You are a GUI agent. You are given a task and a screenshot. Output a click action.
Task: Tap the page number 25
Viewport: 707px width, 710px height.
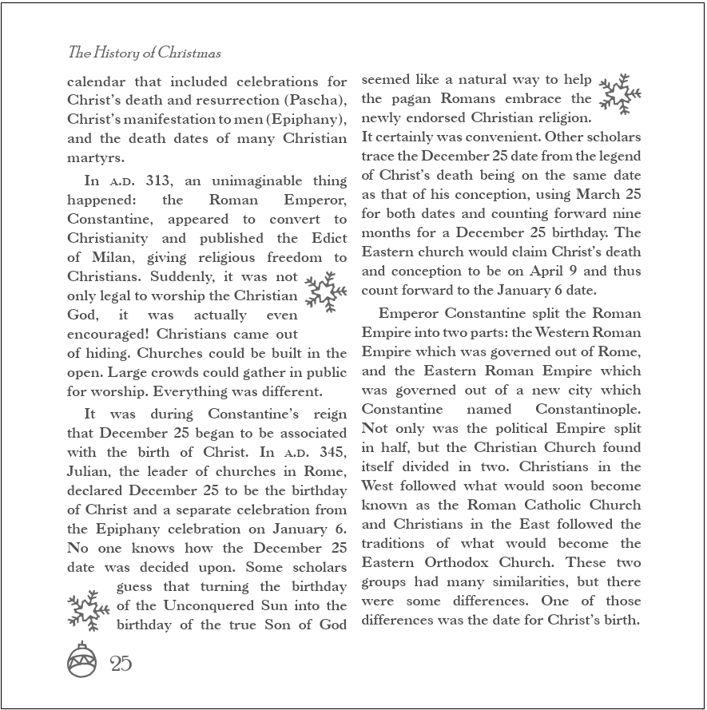pyautogui.click(x=121, y=663)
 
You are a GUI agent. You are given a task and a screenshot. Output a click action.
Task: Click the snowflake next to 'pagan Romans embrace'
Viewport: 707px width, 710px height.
pyautogui.click(x=620, y=95)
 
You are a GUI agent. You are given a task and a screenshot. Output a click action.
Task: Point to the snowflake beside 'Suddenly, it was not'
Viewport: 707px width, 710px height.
pyautogui.click(x=326, y=292)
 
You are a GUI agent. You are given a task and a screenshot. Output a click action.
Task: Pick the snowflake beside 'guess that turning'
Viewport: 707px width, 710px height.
pyautogui.click(x=88, y=611)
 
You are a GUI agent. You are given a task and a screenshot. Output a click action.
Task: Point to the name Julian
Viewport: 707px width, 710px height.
pyautogui.click(x=86, y=471)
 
